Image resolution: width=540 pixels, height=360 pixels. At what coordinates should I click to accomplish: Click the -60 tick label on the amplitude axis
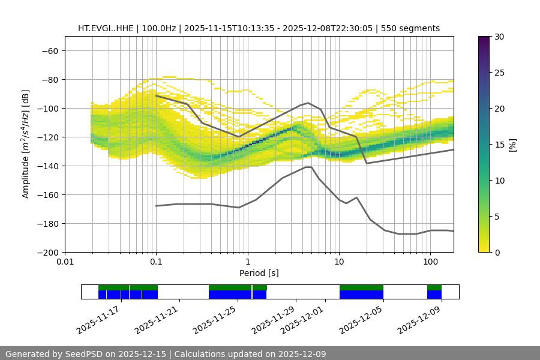49,51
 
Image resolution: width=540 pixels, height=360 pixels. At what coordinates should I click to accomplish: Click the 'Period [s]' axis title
259,273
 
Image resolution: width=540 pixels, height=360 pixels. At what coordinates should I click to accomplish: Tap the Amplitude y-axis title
26,144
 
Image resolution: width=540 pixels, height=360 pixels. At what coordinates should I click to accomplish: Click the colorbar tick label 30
499,37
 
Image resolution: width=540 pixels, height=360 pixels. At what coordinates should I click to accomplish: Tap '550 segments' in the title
413,28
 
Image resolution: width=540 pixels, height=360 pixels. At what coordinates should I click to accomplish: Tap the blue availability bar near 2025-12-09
434,295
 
